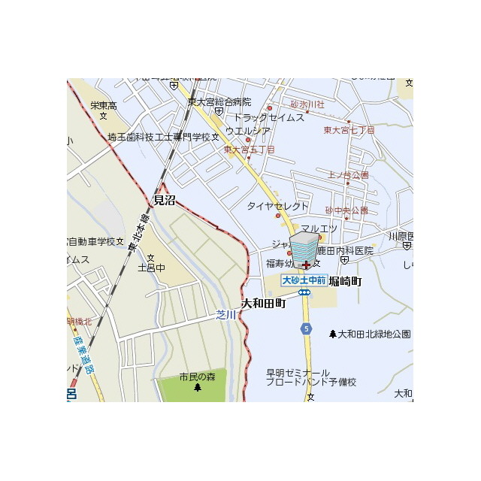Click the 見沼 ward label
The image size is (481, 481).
pos(164,200)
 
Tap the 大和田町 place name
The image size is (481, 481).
pos(264,304)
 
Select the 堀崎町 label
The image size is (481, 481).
pos(345,281)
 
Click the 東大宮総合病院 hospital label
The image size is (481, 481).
pos(219,101)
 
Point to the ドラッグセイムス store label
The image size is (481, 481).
pos(268,117)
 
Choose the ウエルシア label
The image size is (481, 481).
pos(248,131)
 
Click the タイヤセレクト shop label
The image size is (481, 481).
pos(278,206)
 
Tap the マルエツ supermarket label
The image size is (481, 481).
pos(319,228)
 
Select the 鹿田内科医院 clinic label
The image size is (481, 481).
pos(344,250)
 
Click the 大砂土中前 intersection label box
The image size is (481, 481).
pos(303,280)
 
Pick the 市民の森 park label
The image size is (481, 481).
pos(197,377)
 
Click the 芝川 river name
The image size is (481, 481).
pos(225,315)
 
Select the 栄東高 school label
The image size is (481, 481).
pos(104,106)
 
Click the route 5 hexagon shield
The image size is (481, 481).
pos(306,328)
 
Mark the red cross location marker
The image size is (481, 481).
pos(306,265)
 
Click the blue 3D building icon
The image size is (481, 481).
pos(304,248)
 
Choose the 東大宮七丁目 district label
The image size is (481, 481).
pos(349,130)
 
